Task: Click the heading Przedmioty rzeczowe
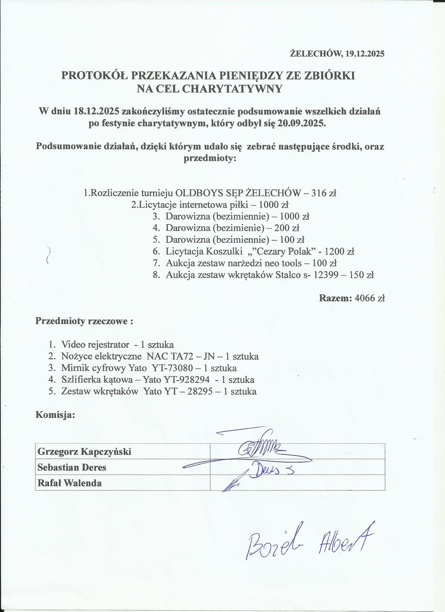(84, 322)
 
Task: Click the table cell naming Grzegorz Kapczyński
(85, 452)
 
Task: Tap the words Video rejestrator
(95, 344)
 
